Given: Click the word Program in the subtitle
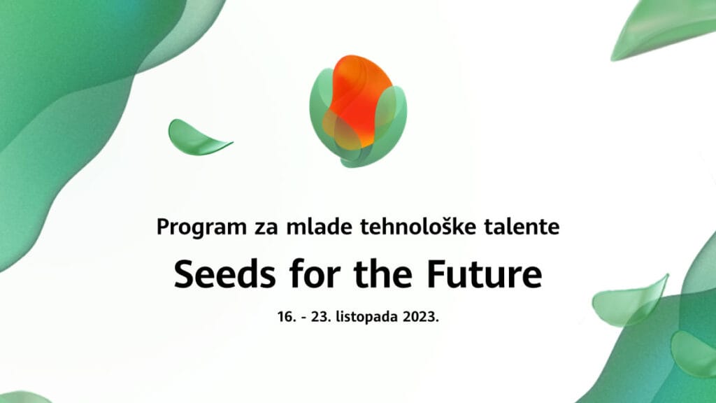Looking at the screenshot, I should pos(192,227).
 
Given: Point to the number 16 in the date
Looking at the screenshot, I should pos(285,316).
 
